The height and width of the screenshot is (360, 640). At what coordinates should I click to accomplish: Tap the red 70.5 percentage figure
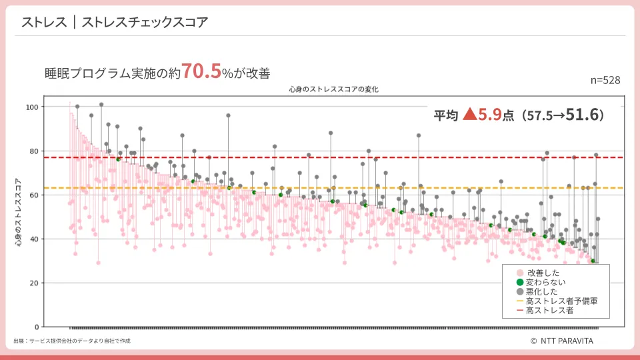[201, 71]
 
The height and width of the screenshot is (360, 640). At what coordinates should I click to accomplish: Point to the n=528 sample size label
[605, 80]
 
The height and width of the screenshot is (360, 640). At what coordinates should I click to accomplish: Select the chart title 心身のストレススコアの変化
[334, 89]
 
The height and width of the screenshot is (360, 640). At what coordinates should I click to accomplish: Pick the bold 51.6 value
[584, 115]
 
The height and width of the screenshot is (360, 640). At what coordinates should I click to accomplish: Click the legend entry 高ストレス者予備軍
[561, 301]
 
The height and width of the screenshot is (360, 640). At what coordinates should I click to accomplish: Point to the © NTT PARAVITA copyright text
[561, 341]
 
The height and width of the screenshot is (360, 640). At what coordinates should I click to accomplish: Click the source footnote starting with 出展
[72, 341]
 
